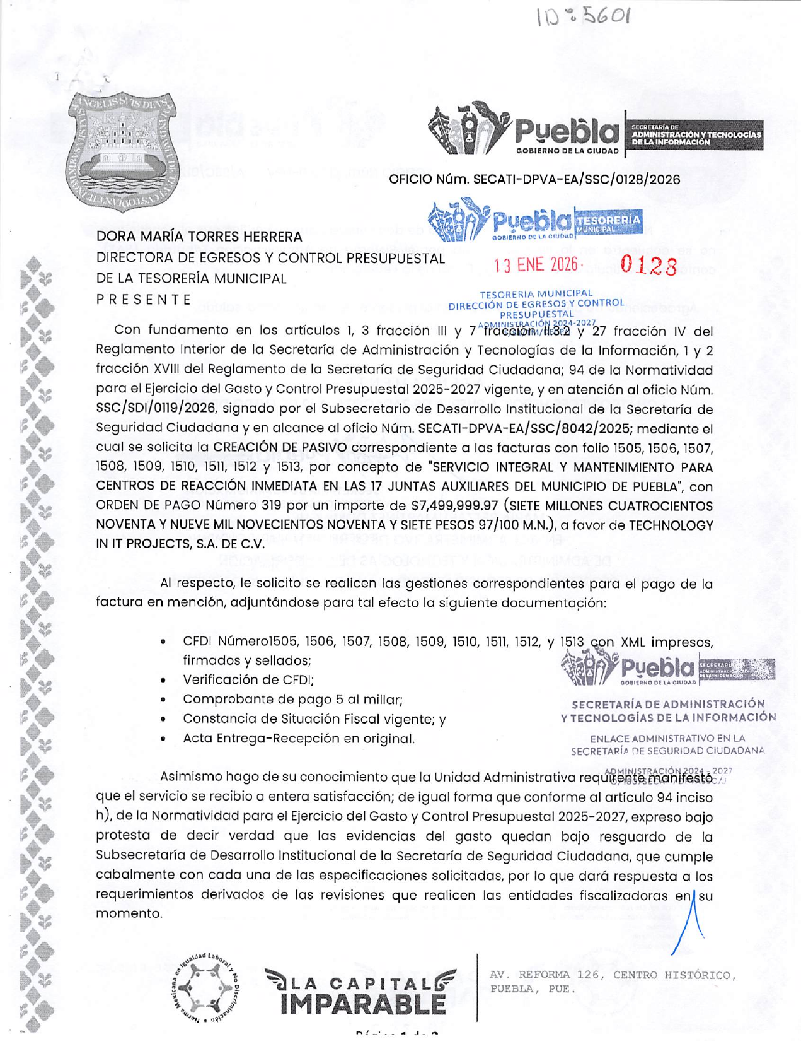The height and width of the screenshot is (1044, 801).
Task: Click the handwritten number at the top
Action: tap(582, 17)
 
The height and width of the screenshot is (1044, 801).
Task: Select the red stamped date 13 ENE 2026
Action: tap(535, 265)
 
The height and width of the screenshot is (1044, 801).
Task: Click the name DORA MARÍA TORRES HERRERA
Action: tap(199, 237)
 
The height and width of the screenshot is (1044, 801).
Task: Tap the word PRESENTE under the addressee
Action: tap(144, 300)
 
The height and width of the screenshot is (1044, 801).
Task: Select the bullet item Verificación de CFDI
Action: tap(248, 680)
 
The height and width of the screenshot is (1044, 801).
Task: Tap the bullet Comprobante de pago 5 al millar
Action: tap(292, 700)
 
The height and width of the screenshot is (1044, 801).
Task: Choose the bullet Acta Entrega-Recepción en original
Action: tap(299, 739)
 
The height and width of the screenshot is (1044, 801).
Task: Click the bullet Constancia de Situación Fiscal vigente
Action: tap(314, 719)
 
